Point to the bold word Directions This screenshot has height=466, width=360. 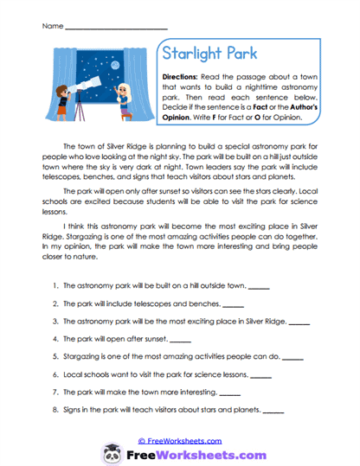183,77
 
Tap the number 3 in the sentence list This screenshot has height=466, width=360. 55,321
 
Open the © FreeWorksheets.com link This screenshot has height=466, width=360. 180,439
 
